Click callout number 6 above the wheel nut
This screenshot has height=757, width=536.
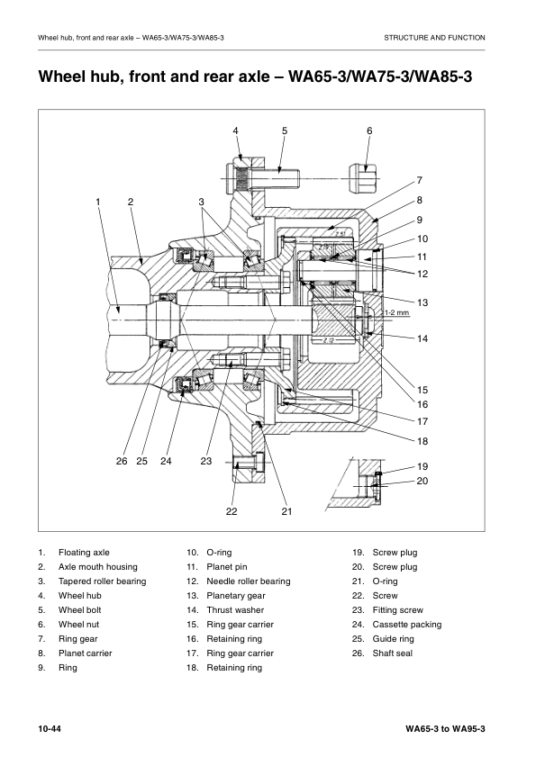369,131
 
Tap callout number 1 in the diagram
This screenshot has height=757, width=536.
98,202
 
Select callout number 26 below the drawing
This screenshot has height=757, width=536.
122,461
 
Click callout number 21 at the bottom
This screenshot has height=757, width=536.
287,511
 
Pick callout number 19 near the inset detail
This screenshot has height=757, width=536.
422,466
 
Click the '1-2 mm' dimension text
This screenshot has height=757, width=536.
396,312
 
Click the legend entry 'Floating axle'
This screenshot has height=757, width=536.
84,553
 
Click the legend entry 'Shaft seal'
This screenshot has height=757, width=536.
392,653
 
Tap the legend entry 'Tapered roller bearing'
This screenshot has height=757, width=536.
102,581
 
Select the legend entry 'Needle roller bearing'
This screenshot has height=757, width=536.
249,581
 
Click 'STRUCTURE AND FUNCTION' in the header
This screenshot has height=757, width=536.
434,38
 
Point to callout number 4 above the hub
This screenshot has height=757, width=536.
236,131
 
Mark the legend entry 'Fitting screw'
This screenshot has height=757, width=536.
397,610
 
